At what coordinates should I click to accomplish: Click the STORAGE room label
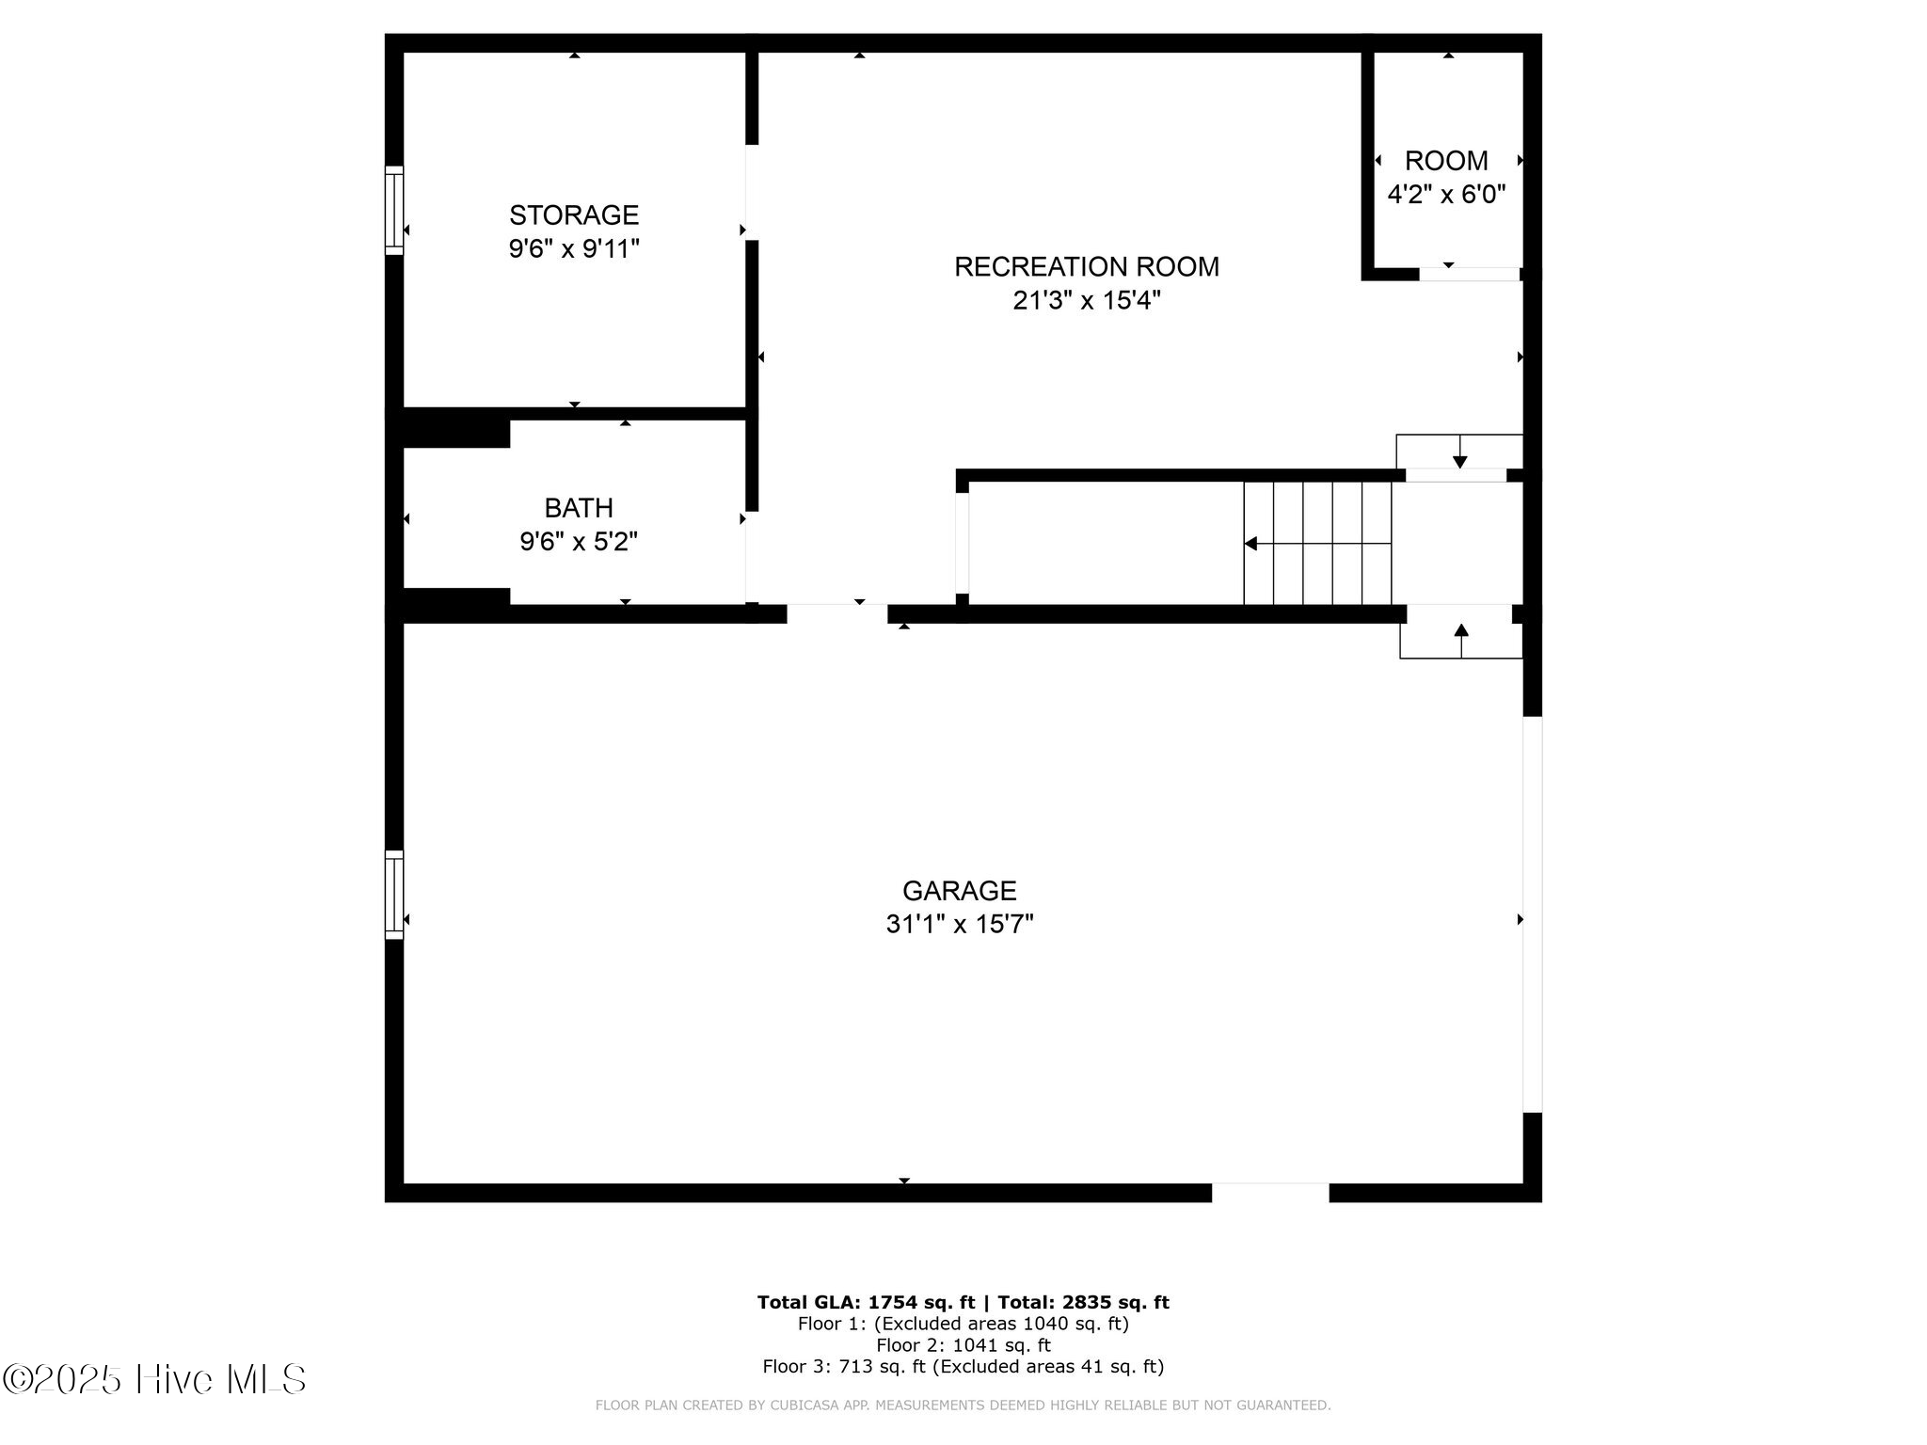tap(574, 215)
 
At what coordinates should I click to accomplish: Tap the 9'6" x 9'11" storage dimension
tap(574, 249)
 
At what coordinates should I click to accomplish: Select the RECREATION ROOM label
tap(1087, 267)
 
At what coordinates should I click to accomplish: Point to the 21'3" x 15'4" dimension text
tap(1087, 301)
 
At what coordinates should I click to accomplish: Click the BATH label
tap(579, 508)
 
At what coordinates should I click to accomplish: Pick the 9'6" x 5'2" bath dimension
tap(579, 542)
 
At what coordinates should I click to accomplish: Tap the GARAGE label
tap(960, 891)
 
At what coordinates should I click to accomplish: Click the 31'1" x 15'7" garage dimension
tap(960, 925)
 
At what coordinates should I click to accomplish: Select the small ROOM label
tap(1447, 161)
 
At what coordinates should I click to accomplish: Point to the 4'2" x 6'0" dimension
tap(1447, 195)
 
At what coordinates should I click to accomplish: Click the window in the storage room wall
tap(394, 211)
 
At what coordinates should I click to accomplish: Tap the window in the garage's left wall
tap(394, 895)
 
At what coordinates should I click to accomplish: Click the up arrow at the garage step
tap(1461, 641)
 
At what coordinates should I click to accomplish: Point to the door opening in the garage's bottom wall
tap(1270, 1193)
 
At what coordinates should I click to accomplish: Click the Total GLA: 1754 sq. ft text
tap(866, 1303)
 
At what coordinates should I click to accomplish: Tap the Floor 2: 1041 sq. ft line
tap(963, 1345)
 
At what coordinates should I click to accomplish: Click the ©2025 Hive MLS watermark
tap(154, 1380)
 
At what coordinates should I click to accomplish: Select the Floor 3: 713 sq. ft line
tap(963, 1367)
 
